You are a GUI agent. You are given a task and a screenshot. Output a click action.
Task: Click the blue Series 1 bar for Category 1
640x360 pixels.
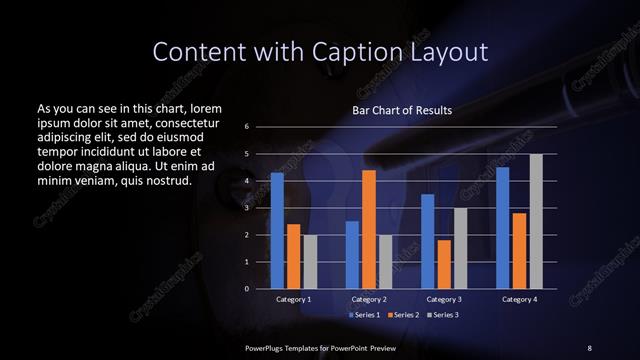pos(277,230)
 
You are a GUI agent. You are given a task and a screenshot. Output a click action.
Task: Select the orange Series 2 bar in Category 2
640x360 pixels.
pos(368,229)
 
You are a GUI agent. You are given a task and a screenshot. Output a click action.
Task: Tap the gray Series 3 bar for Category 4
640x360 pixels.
pos(536,221)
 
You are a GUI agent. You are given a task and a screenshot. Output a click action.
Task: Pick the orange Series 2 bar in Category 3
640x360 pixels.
pos(444,264)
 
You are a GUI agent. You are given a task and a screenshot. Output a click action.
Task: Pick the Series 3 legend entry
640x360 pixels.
pos(442,315)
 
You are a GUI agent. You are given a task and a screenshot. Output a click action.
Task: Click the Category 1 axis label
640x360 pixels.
pos(293,299)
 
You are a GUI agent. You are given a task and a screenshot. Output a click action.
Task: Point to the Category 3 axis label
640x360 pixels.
pos(444,299)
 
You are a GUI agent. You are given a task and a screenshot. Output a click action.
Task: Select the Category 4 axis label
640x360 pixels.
pos(519,299)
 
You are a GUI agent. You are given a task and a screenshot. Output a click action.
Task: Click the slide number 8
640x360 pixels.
pos(589,346)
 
